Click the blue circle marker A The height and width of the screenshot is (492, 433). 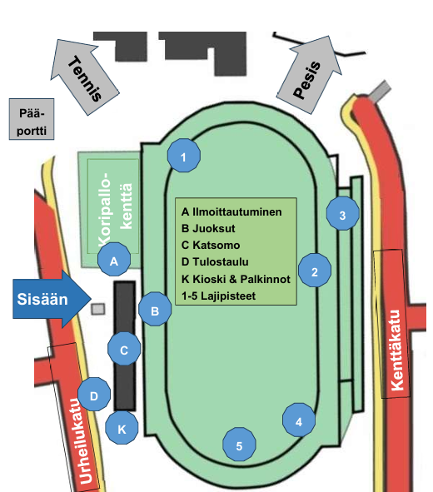114,260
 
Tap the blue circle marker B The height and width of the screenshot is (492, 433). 155,309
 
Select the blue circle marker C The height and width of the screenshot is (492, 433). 124,349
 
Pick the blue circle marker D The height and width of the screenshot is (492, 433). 94,395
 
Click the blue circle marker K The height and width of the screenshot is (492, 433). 122,428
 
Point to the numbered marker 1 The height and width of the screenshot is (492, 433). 183,156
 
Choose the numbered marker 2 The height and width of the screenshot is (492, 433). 315,271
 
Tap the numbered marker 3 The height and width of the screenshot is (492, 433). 342,214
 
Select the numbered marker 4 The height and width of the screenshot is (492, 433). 299,420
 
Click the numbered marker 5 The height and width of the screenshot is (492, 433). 239,445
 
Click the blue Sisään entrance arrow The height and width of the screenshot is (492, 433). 52,299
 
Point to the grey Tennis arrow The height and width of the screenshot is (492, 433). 85,77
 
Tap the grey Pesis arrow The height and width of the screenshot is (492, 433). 310,75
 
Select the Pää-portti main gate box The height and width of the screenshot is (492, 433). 32,119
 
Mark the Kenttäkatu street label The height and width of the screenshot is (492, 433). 396,350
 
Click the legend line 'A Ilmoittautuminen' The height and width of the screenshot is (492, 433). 231,211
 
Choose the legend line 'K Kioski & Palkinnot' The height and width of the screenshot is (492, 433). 236,279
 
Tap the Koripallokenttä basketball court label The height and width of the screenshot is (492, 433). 115,209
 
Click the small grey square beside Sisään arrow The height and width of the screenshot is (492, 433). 98,309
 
